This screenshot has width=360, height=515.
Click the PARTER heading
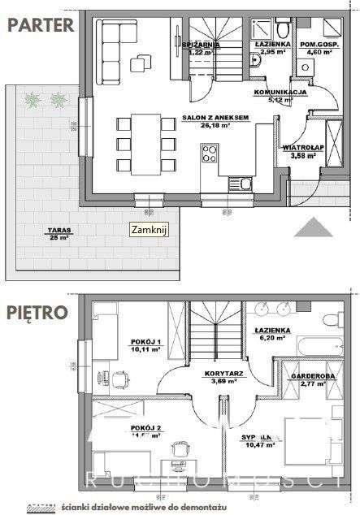(x=41, y=25)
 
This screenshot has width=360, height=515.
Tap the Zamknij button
(x=149, y=231)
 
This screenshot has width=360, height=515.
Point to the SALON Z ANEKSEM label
(x=214, y=117)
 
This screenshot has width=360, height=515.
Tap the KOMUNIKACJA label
(x=279, y=93)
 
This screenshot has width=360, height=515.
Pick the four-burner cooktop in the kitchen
(x=210, y=153)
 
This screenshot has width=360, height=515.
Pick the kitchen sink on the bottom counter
(x=241, y=184)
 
